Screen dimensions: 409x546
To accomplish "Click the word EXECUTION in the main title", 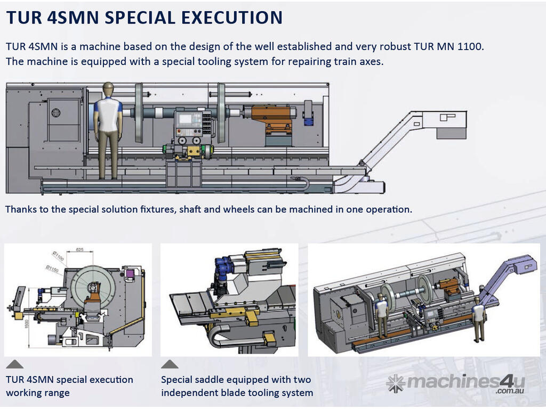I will point(231,17).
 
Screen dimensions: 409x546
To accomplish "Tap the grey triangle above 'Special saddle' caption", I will point(170,364).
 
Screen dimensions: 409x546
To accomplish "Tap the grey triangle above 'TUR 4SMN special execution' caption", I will point(14,364).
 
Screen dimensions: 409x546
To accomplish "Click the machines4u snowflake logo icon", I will point(395,383).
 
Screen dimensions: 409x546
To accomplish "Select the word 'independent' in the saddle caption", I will point(189,393).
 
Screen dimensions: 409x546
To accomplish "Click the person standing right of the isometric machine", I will point(478,318).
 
